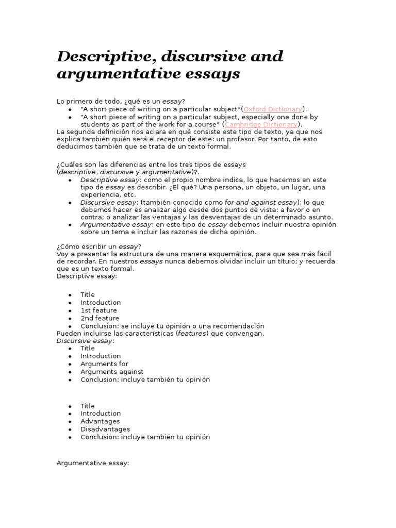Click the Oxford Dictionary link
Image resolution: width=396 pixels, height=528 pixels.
point(273,109)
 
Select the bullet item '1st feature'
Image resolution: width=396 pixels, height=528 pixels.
point(98,310)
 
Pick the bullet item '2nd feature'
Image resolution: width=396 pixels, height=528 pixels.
point(100,318)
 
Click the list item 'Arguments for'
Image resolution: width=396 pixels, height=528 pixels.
point(104,364)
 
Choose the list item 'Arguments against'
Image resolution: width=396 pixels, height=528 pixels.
point(112,372)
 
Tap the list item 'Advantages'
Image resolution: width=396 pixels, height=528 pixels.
point(100,421)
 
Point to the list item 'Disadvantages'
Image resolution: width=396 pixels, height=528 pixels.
point(105,429)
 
